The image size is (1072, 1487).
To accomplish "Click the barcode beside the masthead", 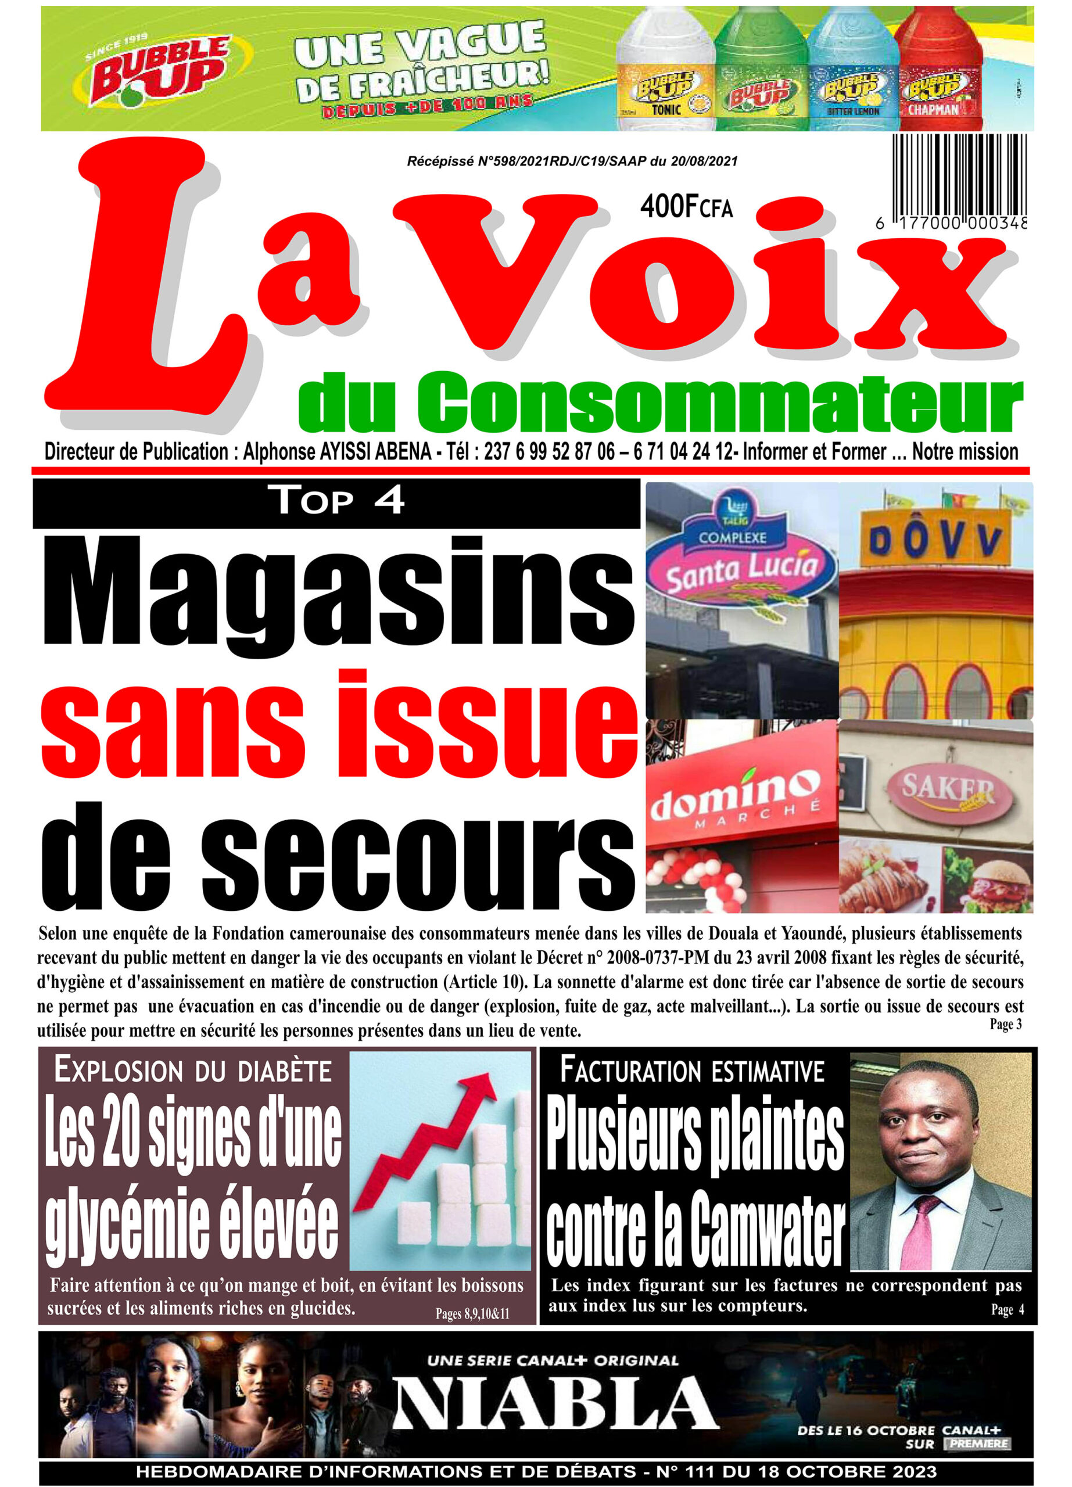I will pos(959,174).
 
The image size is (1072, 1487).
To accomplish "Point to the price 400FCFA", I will pos(686,207).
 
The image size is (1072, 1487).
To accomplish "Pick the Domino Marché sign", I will pos(735,799).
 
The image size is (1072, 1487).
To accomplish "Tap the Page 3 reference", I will pos(1005,1024).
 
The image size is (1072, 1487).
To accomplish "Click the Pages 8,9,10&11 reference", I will pos(472,1314).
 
